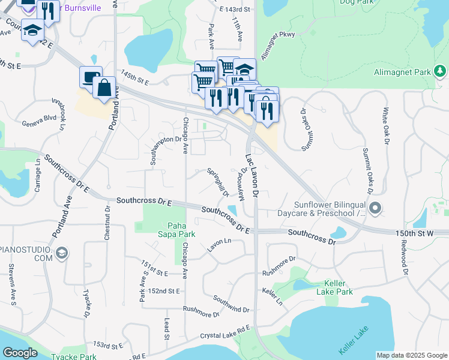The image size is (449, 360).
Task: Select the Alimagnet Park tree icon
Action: pyautogui.click(x=440, y=72)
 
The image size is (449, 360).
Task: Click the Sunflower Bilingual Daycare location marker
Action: pyautogui.click(x=376, y=209)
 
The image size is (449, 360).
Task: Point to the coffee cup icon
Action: pyautogui.click(x=89, y=77)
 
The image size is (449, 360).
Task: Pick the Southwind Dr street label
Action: pyautogui.click(x=231, y=304)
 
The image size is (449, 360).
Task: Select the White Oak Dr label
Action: pyautogui.click(x=386, y=125)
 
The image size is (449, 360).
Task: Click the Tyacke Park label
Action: pyautogui.click(x=79, y=356)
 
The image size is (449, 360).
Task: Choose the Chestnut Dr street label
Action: pyautogui.click(x=108, y=224)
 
